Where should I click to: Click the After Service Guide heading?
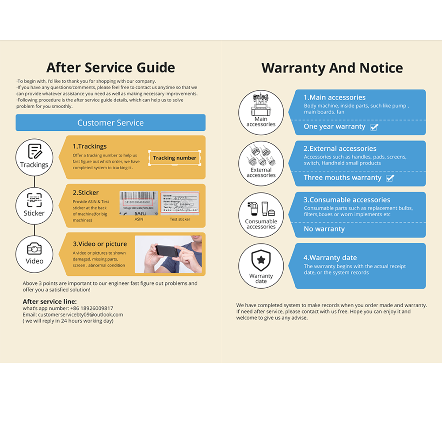tap(110, 68)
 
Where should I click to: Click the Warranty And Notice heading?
tap(332, 68)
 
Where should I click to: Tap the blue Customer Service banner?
tap(110, 123)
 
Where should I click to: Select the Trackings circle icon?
tap(34, 157)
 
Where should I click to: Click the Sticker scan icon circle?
tap(34, 205)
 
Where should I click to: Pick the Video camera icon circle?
tap(34, 254)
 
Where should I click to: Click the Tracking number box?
tap(175, 158)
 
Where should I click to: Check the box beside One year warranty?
tap(374, 127)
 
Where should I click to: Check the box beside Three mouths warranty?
tap(390, 178)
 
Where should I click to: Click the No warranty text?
tap(324, 229)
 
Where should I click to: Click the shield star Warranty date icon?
tap(261, 266)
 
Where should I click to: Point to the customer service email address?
tap(80, 315)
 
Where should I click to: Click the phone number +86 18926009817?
tap(91, 309)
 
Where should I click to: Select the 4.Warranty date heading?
tap(330, 258)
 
